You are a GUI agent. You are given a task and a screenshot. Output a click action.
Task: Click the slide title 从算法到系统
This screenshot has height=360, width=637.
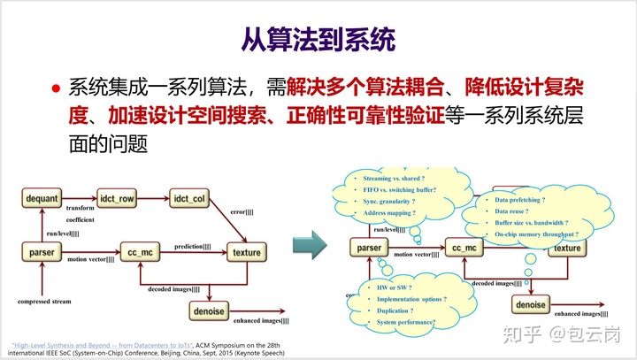(318, 40)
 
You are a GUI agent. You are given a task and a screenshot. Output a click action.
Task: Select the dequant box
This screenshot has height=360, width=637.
(42, 198)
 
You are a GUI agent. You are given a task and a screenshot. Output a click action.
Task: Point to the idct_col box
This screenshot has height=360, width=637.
(189, 198)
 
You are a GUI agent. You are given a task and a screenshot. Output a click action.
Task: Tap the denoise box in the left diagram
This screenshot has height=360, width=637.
(209, 310)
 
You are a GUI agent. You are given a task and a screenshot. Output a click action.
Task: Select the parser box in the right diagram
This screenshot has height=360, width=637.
(370, 249)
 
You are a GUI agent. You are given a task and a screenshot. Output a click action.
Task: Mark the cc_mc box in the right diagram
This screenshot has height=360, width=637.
(465, 249)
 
